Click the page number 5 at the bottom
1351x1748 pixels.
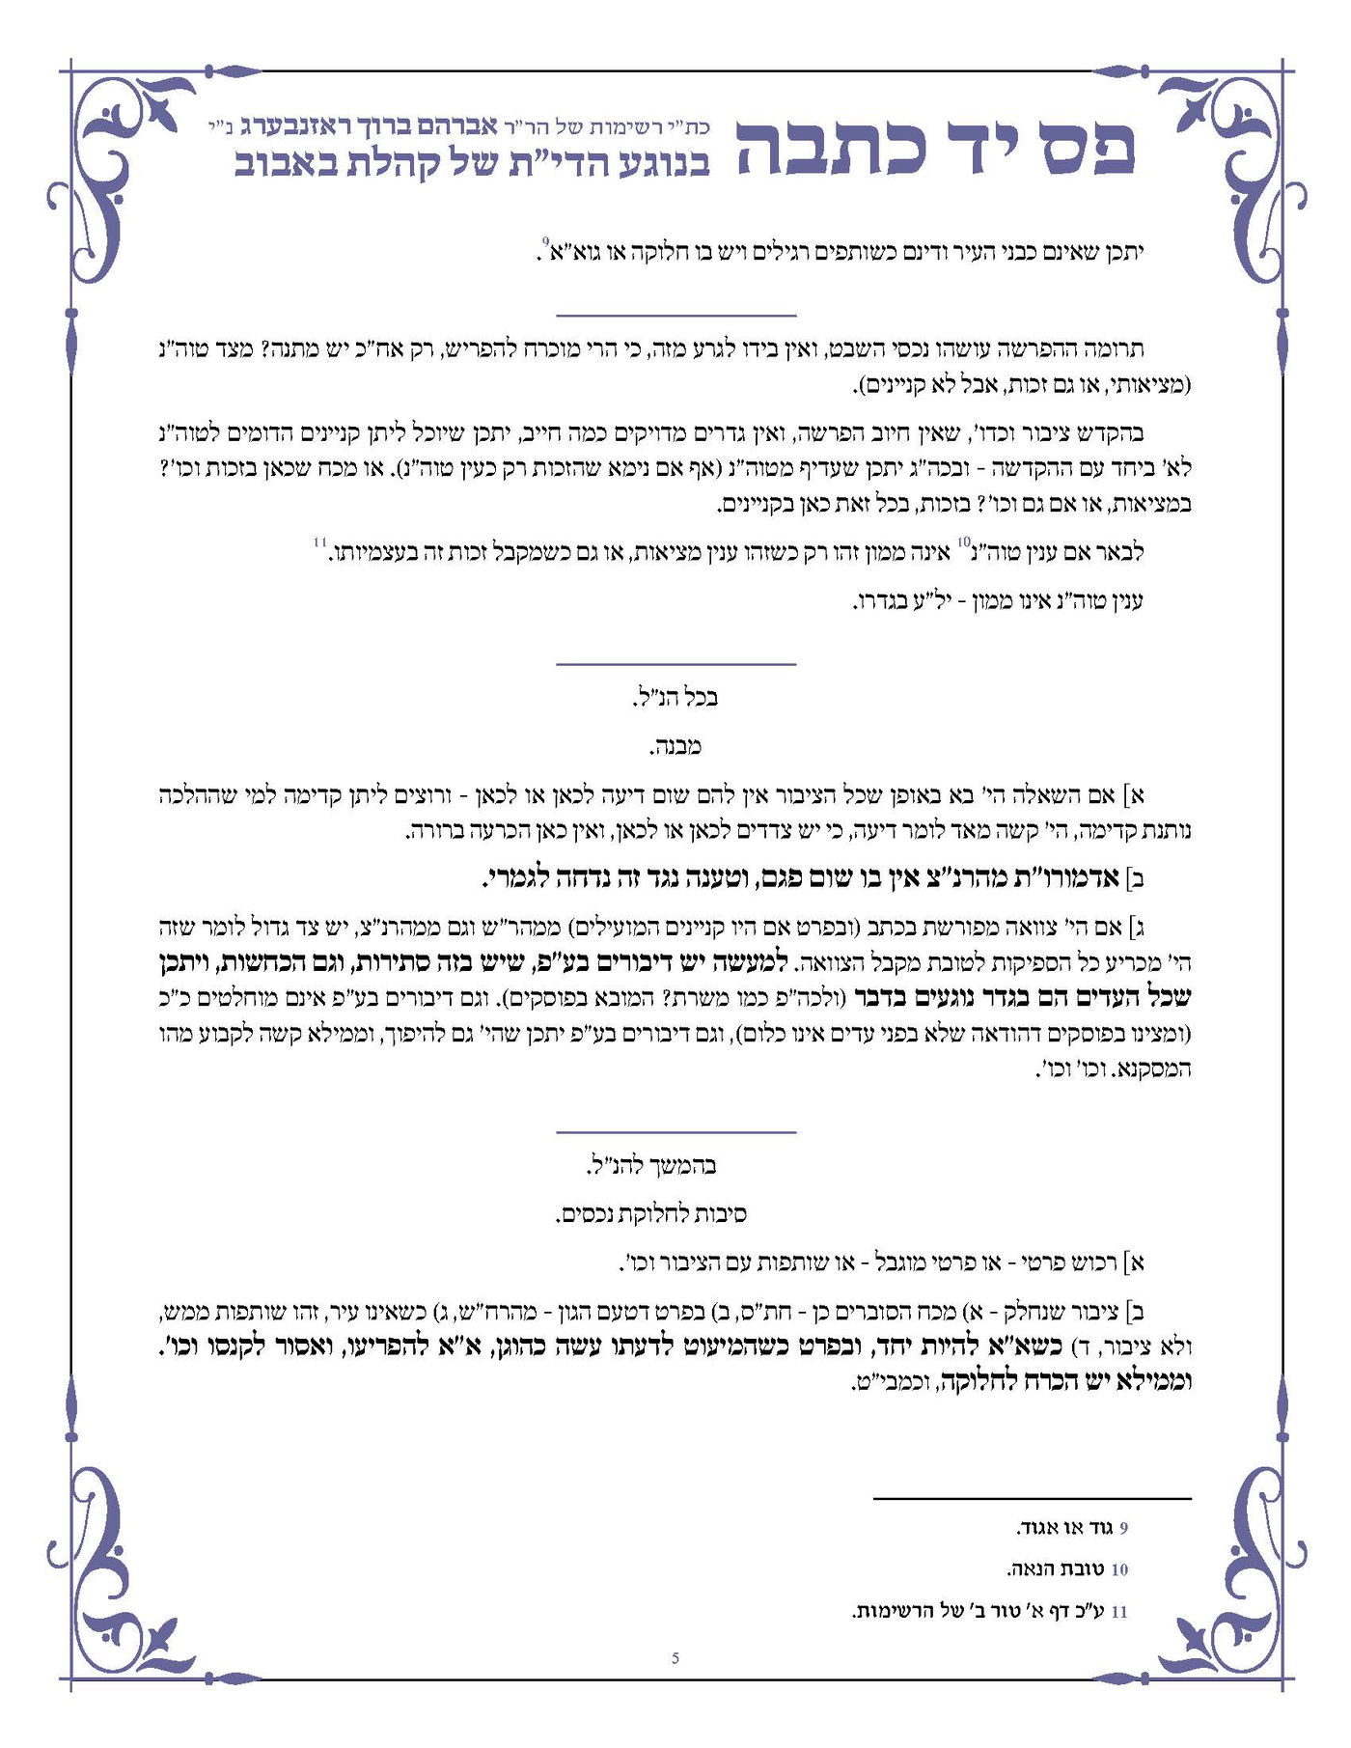[675, 1658]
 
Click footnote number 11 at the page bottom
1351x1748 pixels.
[1119, 1612]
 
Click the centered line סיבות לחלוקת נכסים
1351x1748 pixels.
[651, 1213]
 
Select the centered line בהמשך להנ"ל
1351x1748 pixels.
[651, 1166]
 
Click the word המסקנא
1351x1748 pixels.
[1159, 1069]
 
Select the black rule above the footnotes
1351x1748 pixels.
[1032, 1499]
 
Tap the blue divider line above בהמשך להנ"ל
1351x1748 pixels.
[675, 1131]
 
